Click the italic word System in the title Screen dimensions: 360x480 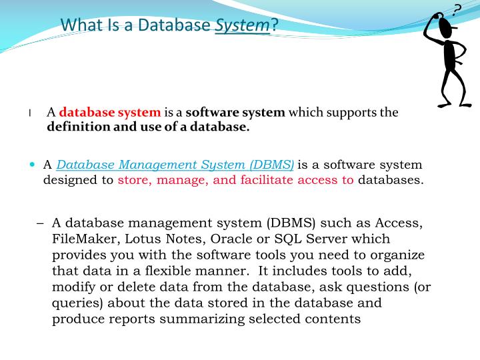click(x=243, y=25)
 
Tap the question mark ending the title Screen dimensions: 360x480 click(x=274, y=25)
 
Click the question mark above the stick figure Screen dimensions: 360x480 click(x=457, y=9)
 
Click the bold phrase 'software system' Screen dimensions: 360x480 click(x=235, y=113)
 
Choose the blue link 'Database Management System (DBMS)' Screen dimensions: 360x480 click(x=175, y=165)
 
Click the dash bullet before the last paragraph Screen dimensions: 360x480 click(x=40, y=223)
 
